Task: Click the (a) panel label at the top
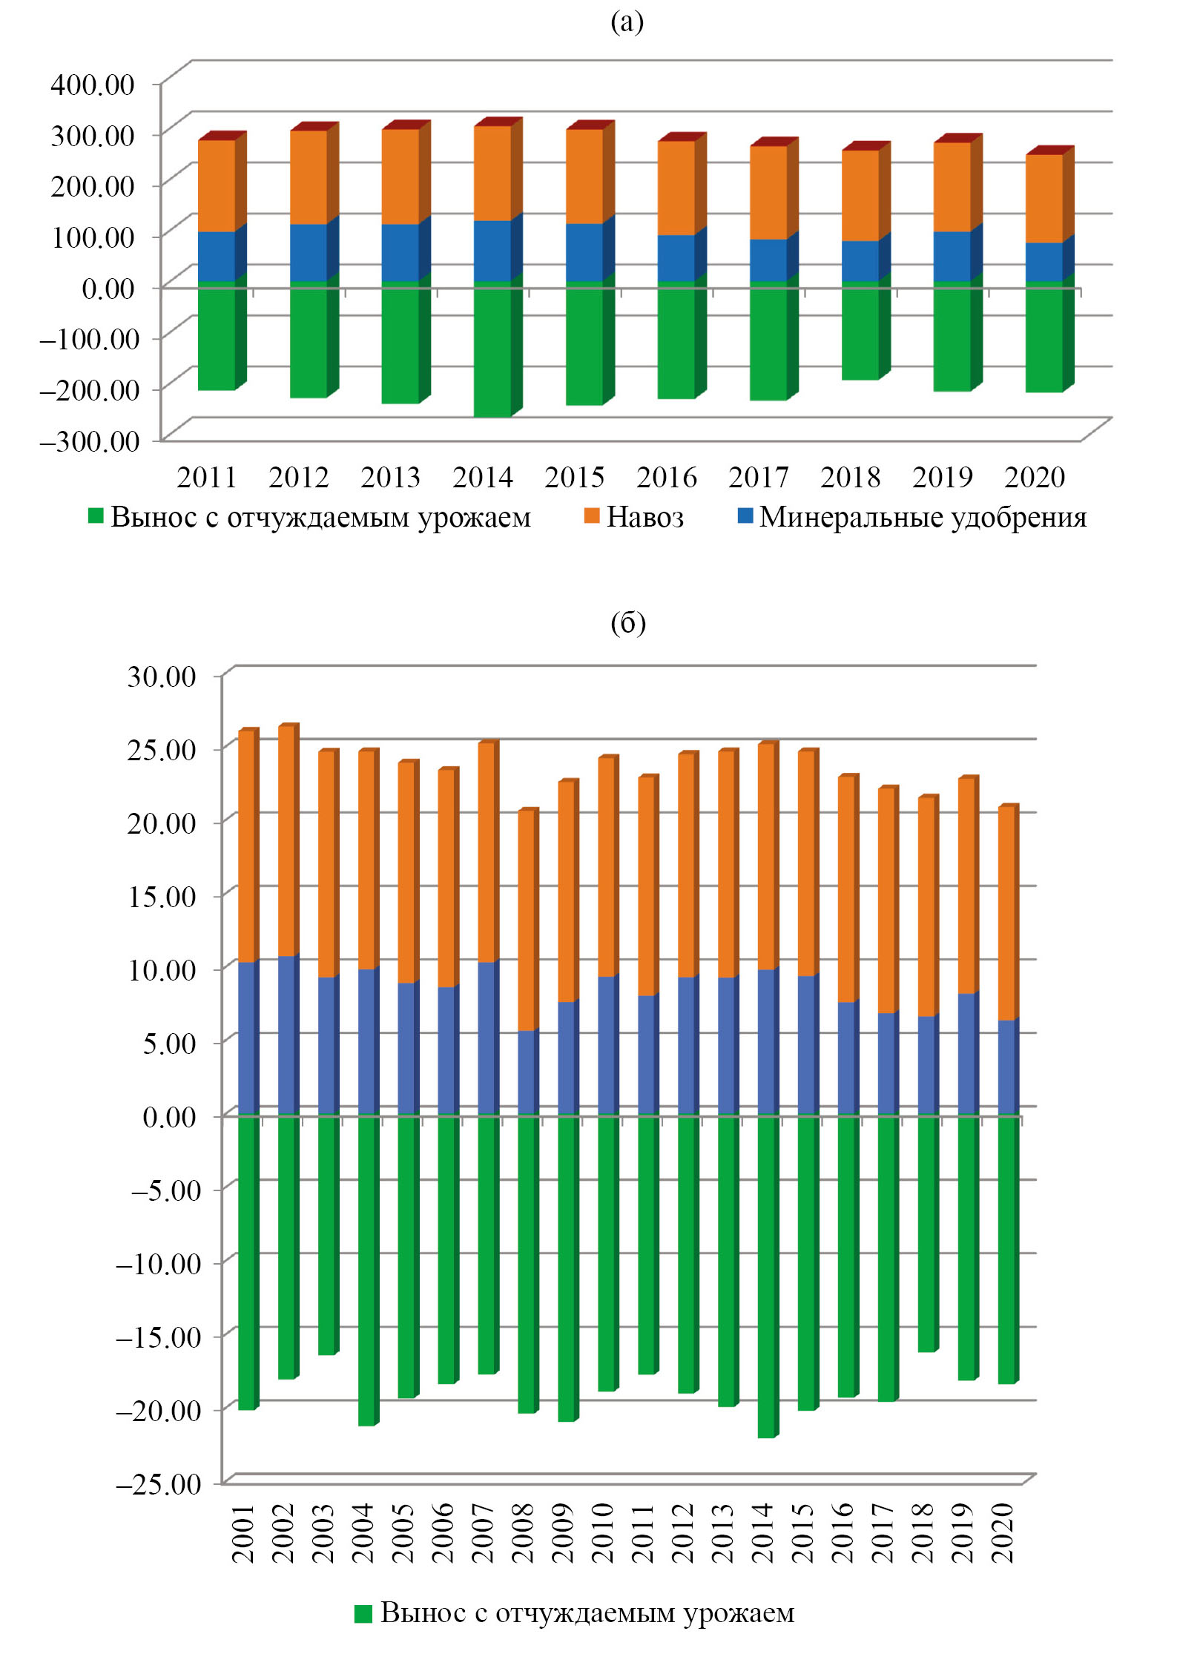click(627, 22)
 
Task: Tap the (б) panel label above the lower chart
click(627, 623)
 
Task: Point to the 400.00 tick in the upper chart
click(93, 85)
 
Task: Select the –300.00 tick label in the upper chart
click(89, 441)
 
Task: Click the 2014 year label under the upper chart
click(482, 478)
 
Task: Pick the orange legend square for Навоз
click(591, 515)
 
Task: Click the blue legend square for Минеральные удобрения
click(745, 515)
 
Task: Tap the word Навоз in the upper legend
click(645, 517)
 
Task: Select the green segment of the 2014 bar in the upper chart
click(492, 349)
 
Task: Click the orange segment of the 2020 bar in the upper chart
click(1044, 198)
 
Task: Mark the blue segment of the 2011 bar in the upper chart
click(217, 257)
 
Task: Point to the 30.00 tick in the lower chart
click(162, 676)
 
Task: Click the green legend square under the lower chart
click(363, 1613)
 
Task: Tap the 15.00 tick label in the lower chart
click(162, 896)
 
